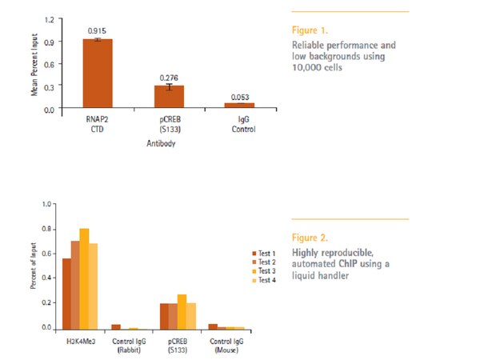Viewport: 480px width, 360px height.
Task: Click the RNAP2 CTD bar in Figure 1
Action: click(98, 73)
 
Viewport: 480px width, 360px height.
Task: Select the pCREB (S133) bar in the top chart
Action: click(169, 96)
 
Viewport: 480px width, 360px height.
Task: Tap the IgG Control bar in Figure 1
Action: click(239, 104)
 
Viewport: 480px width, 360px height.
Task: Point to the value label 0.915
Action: click(98, 30)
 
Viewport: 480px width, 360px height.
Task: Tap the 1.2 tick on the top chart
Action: click(50, 18)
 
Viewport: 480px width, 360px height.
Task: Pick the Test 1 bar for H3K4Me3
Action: click(66, 294)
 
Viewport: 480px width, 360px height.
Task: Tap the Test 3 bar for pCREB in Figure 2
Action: click(182, 311)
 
